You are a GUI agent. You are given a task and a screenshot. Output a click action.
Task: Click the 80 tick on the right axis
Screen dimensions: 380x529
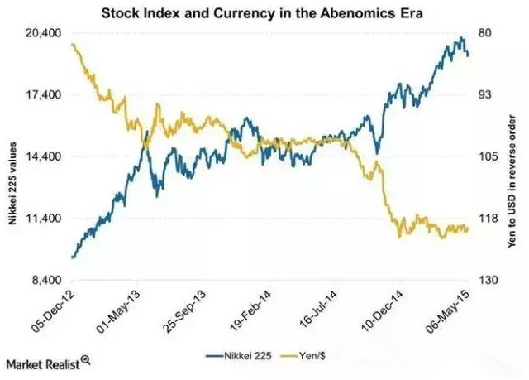[x=486, y=33]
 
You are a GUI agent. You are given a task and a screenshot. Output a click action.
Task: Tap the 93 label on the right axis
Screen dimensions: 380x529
[x=486, y=95]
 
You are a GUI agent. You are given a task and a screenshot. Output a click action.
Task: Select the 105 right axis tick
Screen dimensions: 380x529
[x=488, y=156]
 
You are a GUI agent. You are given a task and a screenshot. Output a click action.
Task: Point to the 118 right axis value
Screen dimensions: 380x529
[x=488, y=219]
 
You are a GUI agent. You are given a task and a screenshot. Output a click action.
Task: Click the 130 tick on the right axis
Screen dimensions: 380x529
[x=488, y=281]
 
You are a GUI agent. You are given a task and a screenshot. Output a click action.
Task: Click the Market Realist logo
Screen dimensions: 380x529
[x=46, y=364]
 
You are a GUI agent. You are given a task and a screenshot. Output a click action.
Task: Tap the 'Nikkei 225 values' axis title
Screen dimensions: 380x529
[x=12, y=157]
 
